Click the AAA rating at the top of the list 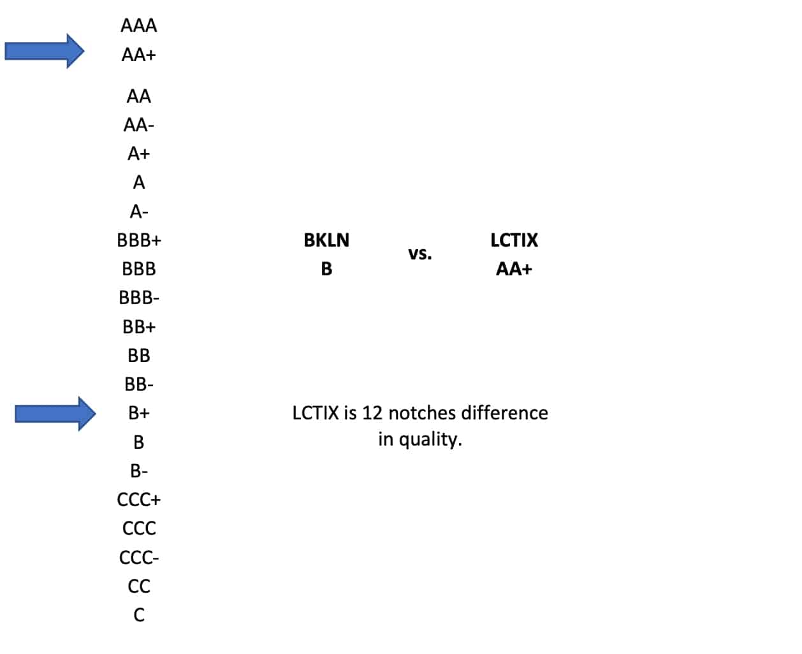click(x=138, y=25)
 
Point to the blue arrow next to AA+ click(x=45, y=51)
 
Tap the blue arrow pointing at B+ click(x=55, y=414)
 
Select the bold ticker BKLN click(x=326, y=240)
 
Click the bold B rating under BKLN click(x=326, y=269)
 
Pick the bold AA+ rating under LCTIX click(x=514, y=269)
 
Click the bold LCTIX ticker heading click(x=514, y=240)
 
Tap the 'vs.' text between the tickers click(x=420, y=254)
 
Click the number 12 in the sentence click(x=372, y=413)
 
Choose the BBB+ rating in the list click(x=139, y=240)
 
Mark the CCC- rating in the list click(x=139, y=558)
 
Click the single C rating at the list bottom click(x=139, y=615)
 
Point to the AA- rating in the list click(x=139, y=125)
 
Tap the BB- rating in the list click(x=139, y=384)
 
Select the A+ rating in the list click(x=138, y=154)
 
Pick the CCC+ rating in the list click(x=139, y=500)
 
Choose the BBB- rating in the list click(x=139, y=298)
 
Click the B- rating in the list click(x=139, y=471)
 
